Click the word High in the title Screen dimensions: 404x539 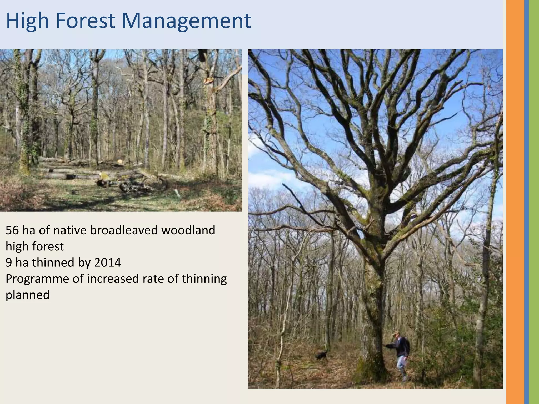[27, 21]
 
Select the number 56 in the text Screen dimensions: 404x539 [12, 230]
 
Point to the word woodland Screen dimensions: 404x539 [188, 230]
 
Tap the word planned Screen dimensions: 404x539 [28, 295]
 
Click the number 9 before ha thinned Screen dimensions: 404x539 [8, 263]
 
